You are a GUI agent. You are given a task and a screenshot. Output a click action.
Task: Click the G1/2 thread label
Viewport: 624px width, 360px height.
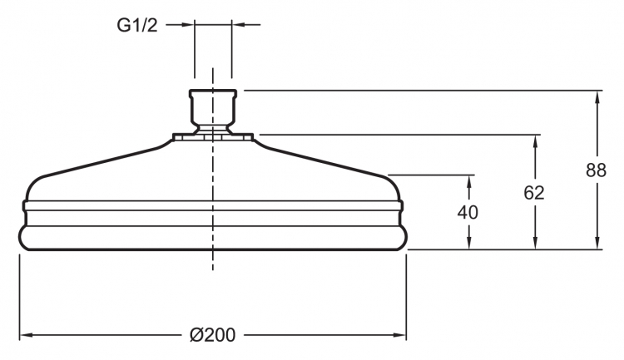click(137, 25)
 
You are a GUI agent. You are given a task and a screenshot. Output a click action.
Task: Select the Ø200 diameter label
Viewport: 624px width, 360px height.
click(212, 335)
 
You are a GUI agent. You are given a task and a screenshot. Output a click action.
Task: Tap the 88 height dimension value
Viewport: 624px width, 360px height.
click(596, 170)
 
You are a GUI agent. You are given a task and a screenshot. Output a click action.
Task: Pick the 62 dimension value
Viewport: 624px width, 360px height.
click(533, 193)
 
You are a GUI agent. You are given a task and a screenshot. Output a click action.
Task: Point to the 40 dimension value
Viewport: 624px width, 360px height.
click(468, 212)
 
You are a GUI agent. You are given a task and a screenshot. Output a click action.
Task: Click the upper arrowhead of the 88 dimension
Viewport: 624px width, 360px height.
click(597, 97)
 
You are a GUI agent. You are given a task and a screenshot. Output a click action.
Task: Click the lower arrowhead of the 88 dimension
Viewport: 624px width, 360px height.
click(597, 243)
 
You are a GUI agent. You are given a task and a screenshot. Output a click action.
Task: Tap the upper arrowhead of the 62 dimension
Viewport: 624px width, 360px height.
click(535, 141)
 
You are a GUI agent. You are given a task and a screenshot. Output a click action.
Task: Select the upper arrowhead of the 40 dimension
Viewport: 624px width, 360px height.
click(469, 181)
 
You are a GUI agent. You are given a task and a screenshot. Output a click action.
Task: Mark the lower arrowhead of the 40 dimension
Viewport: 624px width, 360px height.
click(469, 243)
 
